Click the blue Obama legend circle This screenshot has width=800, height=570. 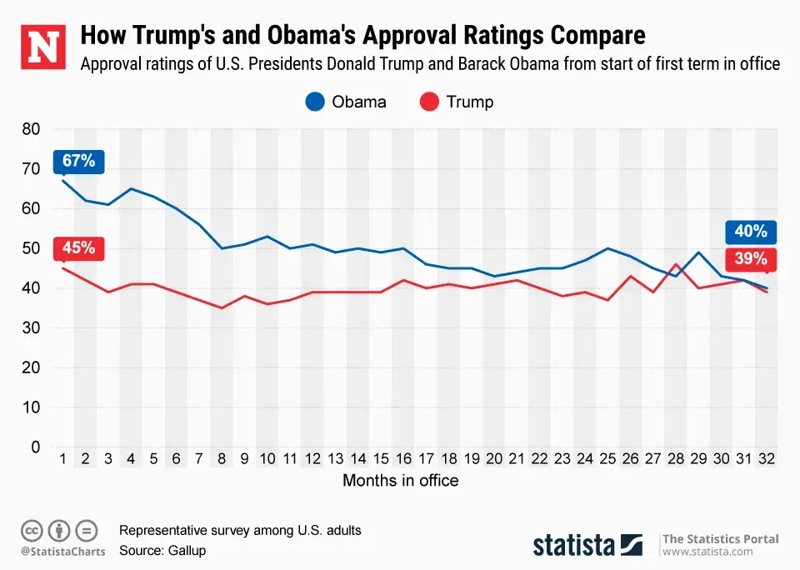[x=315, y=102]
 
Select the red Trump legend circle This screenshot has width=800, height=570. [x=429, y=102]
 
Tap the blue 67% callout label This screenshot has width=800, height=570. [x=79, y=161]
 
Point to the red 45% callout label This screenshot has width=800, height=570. [x=79, y=247]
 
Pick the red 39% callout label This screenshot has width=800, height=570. [x=751, y=258]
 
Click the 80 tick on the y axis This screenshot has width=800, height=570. [x=30, y=129]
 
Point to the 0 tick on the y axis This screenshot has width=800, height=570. [x=35, y=447]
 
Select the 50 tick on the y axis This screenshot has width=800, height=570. [x=30, y=248]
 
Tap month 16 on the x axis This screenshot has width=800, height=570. [x=403, y=459]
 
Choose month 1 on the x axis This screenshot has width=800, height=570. [x=62, y=459]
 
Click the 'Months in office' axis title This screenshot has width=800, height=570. [x=400, y=481]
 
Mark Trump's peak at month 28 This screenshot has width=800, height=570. [x=676, y=264]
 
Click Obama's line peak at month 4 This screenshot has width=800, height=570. [x=131, y=188]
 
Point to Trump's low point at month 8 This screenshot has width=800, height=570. [x=222, y=307]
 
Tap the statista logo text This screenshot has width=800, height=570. [x=574, y=545]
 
